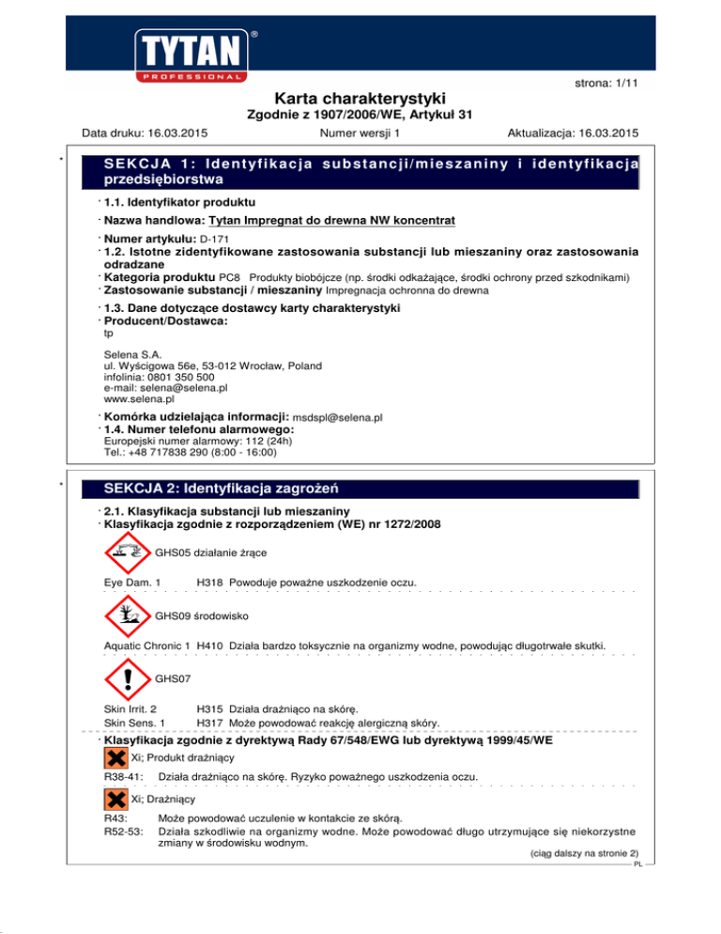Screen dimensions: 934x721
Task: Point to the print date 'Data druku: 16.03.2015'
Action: pyautogui.click(x=145, y=132)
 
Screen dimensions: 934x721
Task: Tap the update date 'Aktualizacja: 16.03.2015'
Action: pyautogui.click(x=572, y=132)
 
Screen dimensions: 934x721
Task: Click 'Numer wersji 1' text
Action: pyautogui.click(x=360, y=132)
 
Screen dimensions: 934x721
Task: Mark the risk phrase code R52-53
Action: pyautogui.click(x=122, y=831)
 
